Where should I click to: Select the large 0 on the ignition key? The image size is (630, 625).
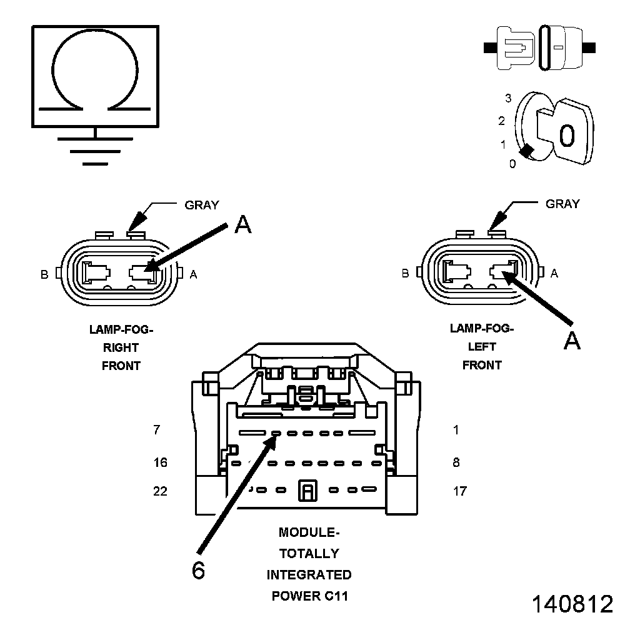(567, 135)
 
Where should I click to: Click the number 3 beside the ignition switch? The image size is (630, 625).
(508, 98)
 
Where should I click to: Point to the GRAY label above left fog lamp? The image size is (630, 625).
(562, 204)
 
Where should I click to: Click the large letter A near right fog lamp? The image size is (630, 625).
(242, 225)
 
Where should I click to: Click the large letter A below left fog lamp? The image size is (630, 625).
(572, 341)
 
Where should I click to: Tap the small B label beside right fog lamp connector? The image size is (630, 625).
(44, 274)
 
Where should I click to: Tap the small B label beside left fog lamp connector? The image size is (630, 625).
(406, 273)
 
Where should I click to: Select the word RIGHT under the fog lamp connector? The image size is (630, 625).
(121, 347)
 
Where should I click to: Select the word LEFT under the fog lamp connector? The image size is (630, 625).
(482, 347)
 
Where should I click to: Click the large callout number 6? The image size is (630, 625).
(198, 571)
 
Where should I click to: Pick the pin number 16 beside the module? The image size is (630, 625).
(161, 462)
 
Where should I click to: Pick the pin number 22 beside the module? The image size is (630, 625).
(161, 491)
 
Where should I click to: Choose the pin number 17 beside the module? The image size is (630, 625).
(459, 491)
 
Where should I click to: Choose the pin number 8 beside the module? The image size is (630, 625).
(456, 462)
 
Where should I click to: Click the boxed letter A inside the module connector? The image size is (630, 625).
(307, 491)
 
